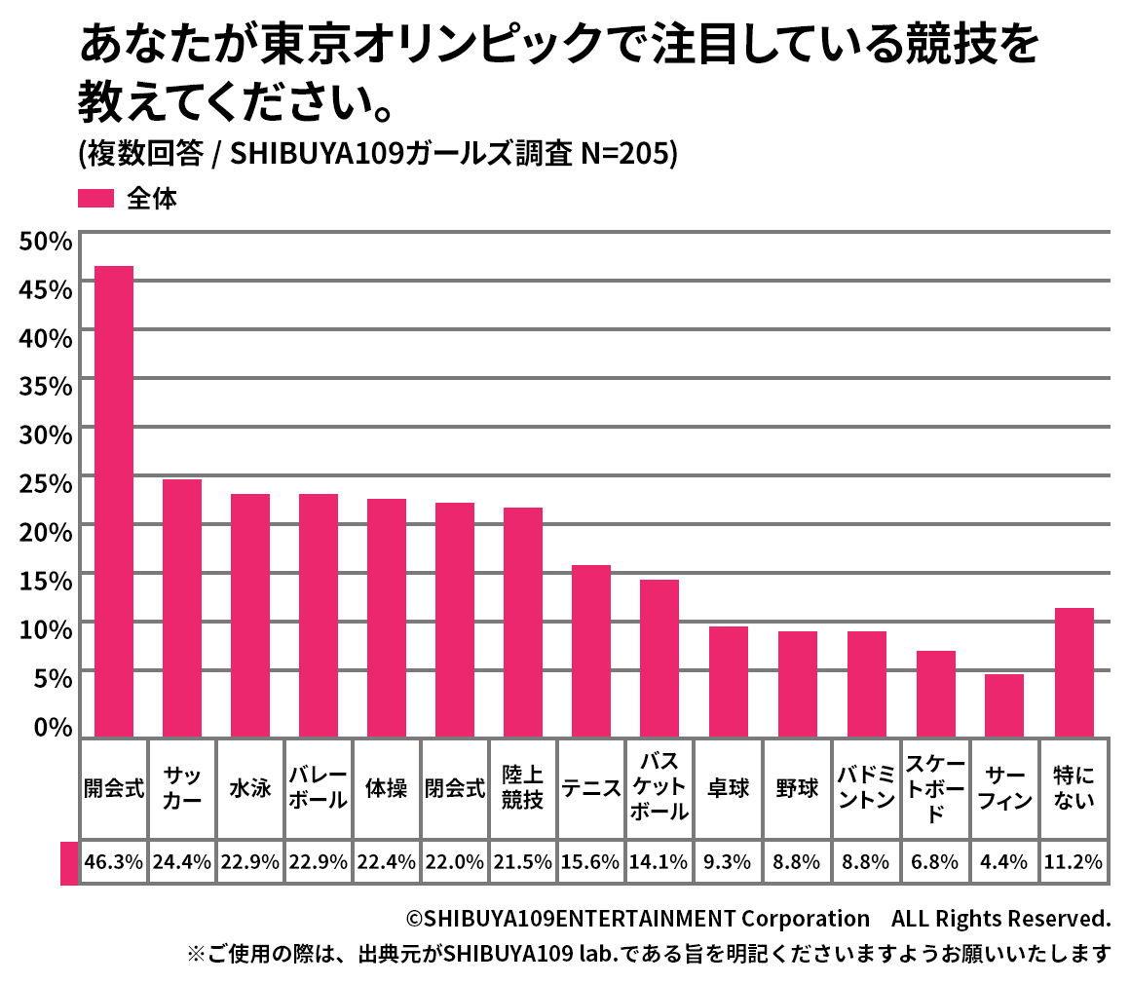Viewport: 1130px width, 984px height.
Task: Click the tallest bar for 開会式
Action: [113, 501]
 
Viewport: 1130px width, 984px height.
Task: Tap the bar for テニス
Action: [591, 650]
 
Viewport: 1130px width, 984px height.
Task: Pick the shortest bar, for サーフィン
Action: [1004, 704]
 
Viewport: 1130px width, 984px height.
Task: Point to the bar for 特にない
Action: [1073, 671]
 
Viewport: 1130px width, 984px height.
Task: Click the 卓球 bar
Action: [729, 681]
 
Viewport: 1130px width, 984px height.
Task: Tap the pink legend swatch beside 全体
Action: [96, 199]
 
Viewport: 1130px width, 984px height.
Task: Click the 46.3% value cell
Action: [114, 862]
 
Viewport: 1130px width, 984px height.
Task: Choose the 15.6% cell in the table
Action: [591, 862]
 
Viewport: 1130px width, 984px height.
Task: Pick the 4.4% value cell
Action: [1005, 862]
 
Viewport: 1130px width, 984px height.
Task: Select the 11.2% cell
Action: [1073, 862]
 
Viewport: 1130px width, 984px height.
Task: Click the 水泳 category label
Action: [250, 788]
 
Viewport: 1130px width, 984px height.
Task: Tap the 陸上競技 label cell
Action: [523, 788]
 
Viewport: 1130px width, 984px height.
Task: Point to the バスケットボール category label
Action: [659, 788]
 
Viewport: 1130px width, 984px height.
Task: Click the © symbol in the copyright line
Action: [414, 919]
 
